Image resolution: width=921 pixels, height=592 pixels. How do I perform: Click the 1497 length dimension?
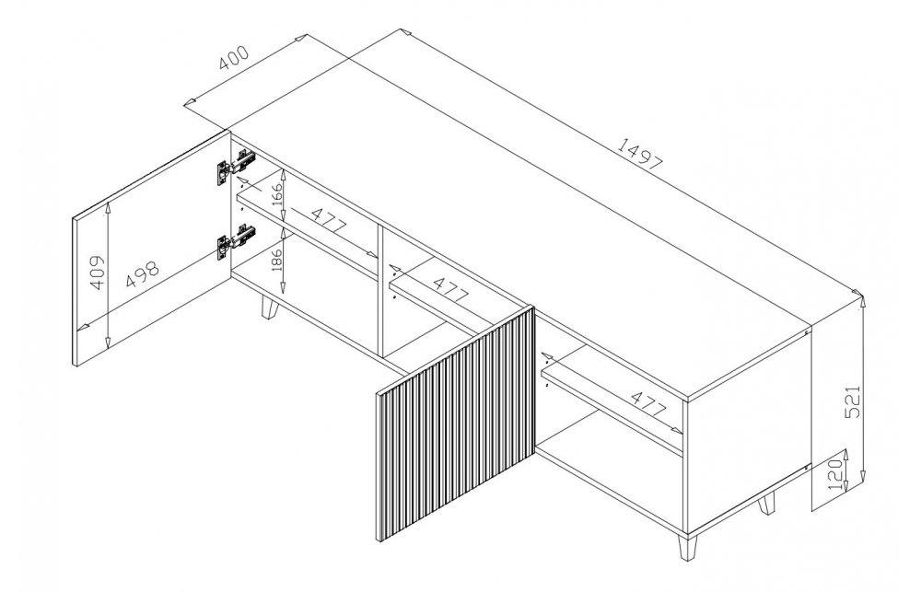pyautogui.click(x=640, y=154)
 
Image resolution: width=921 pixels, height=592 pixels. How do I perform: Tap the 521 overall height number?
pyautogui.click(x=855, y=401)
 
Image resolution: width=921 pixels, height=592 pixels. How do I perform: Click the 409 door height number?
pyautogui.click(x=98, y=273)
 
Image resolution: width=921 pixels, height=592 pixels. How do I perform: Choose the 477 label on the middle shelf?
pyautogui.click(x=451, y=288)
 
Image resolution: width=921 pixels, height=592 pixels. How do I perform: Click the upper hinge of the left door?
pyautogui.click(x=236, y=166)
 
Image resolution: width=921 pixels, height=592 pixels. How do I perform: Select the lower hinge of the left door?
pyautogui.click(x=236, y=240)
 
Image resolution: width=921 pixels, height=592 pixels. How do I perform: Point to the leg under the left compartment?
pyautogui.click(x=269, y=308)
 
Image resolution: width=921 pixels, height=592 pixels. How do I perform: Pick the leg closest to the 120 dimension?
pyautogui.click(x=766, y=503)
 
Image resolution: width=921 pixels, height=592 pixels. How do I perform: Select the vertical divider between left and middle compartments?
pyautogui.click(x=381, y=291)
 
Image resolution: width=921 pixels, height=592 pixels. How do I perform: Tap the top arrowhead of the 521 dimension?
pyautogui.click(x=862, y=301)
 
